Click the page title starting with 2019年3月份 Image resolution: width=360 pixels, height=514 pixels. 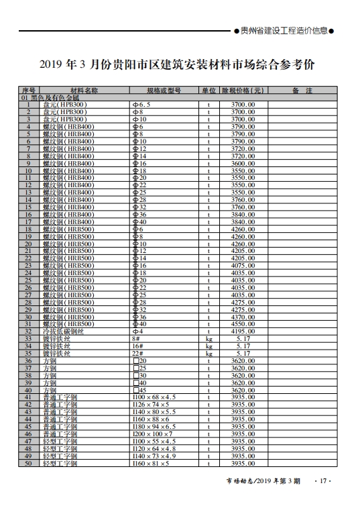[177, 65]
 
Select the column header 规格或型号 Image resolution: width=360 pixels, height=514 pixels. [164, 91]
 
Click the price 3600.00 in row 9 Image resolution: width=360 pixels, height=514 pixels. [242, 164]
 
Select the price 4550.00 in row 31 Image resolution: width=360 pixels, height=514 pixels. [242, 324]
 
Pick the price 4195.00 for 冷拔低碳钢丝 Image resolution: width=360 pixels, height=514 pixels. [242, 331]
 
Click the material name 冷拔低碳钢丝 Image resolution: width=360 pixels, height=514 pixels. [64, 331]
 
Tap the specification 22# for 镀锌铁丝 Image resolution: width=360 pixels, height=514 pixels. [139, 353]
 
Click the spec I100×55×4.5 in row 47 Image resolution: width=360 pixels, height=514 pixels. [154, 442]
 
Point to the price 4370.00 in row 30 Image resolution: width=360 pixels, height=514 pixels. [242, 317]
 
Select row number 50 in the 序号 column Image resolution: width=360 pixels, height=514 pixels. [28, 464]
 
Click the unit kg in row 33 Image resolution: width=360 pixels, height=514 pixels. [208, 339]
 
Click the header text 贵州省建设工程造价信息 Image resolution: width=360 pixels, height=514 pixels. [284, 30]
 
